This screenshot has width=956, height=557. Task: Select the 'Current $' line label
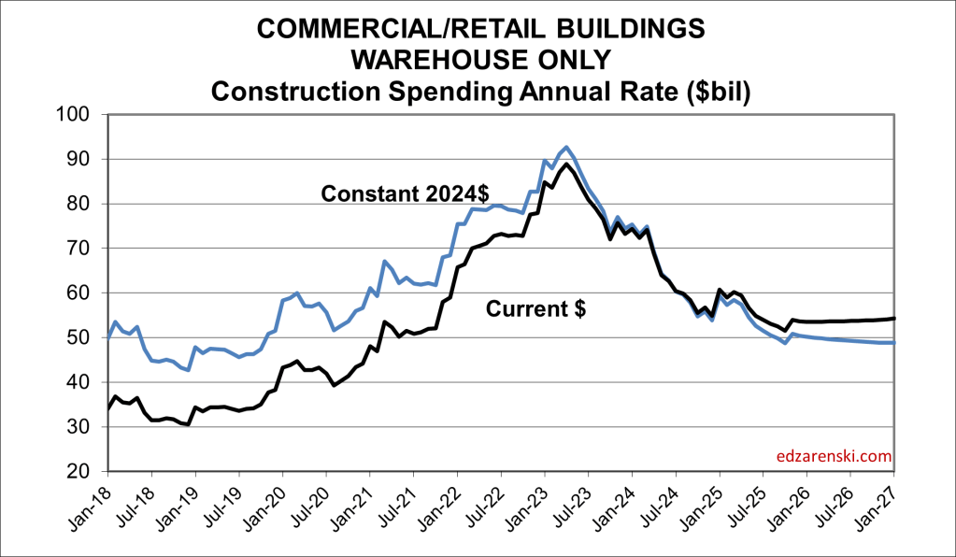click(x=535, y=309)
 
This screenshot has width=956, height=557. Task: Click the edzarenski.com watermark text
click(x=834, y=457)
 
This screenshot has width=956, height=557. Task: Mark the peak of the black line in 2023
click(x=567, y=164)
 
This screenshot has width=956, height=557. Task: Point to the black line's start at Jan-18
click(x=108, y=408)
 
